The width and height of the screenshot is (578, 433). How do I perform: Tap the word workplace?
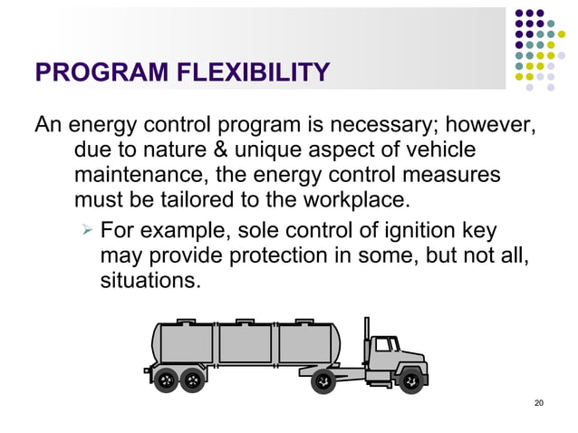click(x=359, y=198)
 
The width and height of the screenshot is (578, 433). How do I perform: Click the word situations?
click(x=146, y=282)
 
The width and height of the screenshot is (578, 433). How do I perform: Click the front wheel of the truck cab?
click(x=410, y=381)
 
